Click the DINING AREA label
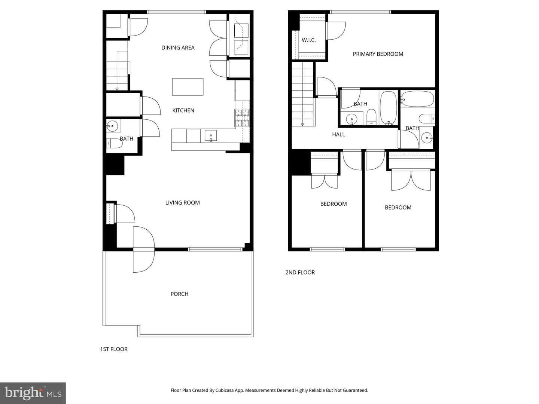coord(178,48)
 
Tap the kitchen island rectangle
coord(188,87)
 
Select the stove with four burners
coord(242,117)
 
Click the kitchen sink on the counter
coord(210,135)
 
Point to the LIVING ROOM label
coord(182,203)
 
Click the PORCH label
coord(179,294)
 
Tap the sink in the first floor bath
coord(112,126)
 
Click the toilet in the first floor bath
coord(114,143)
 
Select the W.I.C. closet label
coord(309,40)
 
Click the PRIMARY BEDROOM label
coord(378,54)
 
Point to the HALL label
coord(338,134)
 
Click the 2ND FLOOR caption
coord(300,272)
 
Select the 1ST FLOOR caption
coord(114,349)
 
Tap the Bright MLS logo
coord(33,393)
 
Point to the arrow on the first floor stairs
coord(117,89)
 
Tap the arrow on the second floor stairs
coord(302,124)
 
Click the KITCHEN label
coord(183,110)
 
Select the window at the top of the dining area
coord(177,12)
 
